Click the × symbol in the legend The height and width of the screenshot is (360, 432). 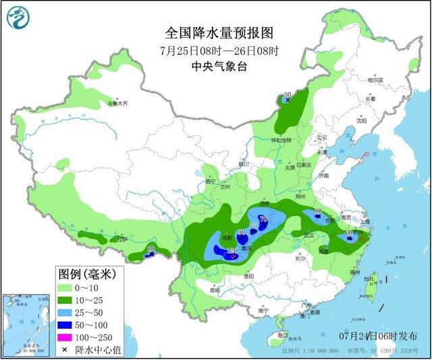click(65, 349)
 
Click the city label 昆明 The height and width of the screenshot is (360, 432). click(215, 290)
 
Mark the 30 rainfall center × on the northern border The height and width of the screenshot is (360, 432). click(288, 100)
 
